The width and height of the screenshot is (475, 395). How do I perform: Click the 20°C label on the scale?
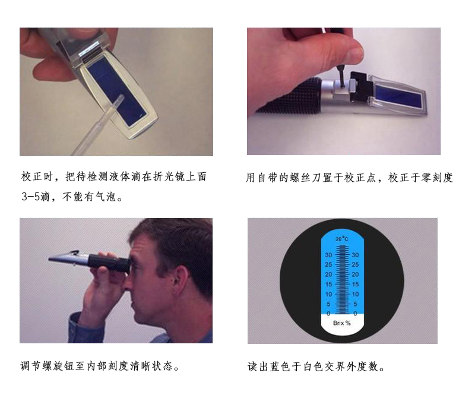pyautogui.click(x=342, y=239)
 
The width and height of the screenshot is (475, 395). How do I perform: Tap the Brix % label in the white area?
pyautogui.click(x=342, y=323)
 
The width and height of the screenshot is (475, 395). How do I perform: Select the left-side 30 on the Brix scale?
pyautogui.click(x=329, y=255)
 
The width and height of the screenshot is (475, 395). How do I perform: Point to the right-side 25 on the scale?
pyautogui.click(x=355, y=264)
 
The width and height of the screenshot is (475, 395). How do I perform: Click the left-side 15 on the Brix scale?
pyautogui.click(x=329, y=284)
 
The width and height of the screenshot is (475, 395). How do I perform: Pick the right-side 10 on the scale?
pyautogui.click(x=355, y=294)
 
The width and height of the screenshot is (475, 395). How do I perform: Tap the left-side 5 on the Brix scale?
pyautogui.click(x=329, y=304)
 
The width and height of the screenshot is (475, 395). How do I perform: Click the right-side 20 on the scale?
pyautogui.click(x=355, y=274)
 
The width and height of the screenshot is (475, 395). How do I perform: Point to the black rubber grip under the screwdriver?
pyautogui.click(x=289, y=96)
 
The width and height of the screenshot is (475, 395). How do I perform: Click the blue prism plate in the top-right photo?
pyautogui.click(x=398, y=96)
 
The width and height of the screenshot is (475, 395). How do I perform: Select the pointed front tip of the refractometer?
pyautogui.click(x=49, y=259)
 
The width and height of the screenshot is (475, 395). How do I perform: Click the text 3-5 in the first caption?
pyautogui.click(x=31, y=197)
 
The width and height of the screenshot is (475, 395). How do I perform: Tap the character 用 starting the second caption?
pyautogui.click(x=250, y=178)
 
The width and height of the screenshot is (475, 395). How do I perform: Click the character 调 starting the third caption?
pyautogui.click(x=26, y=366)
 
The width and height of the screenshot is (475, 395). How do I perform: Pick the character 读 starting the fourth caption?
pyautogui.click(x=253, y=366)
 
